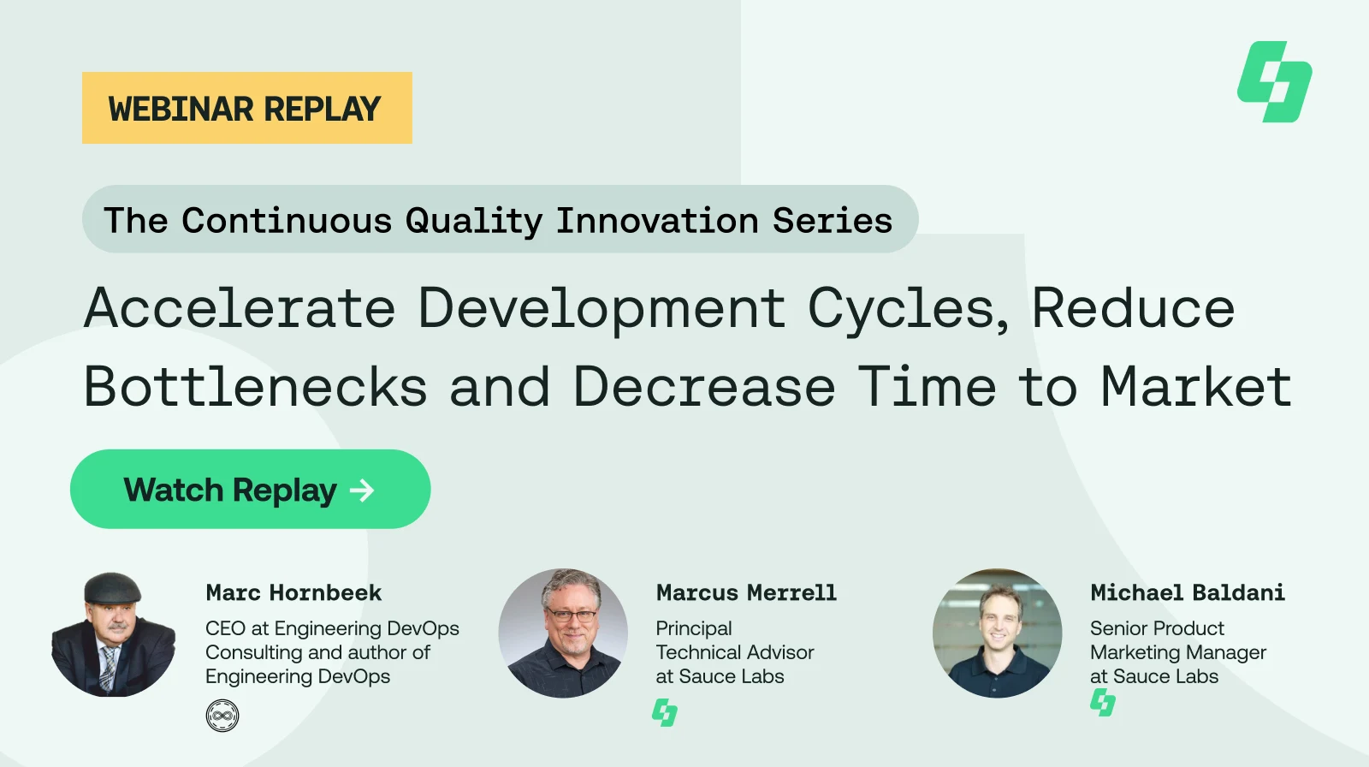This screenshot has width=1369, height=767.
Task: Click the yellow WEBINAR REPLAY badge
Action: pos(246,108)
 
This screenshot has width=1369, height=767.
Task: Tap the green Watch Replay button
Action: pos(250,490)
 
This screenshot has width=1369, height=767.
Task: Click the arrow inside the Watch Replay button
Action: pos(362,490)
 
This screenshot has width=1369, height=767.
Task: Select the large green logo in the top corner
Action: pos(1274,82)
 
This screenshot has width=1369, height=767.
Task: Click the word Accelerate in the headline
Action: pos(240,308)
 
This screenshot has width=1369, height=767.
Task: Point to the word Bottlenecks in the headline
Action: pos(255,387)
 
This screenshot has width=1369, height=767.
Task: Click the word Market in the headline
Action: pos(1195,387)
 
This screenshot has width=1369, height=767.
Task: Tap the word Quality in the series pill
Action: pos(473,221)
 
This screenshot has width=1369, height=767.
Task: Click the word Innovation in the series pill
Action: pos(657,221)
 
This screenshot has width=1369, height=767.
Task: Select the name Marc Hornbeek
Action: pos(293,592)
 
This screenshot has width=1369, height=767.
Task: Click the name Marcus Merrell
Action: pos(746,592)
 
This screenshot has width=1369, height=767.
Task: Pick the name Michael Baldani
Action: pos(1187,592)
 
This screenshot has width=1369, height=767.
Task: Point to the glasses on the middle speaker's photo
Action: pos(571,615)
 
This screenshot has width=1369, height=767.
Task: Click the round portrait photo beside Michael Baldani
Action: pos(997,633)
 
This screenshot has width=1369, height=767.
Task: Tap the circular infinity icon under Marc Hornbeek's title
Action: pos(222,716)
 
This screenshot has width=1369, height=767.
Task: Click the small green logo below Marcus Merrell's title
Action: pos(665,712)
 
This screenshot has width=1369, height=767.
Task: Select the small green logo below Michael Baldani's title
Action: pos(1102,703)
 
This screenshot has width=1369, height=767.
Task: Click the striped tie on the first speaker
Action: pos(108,668)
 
